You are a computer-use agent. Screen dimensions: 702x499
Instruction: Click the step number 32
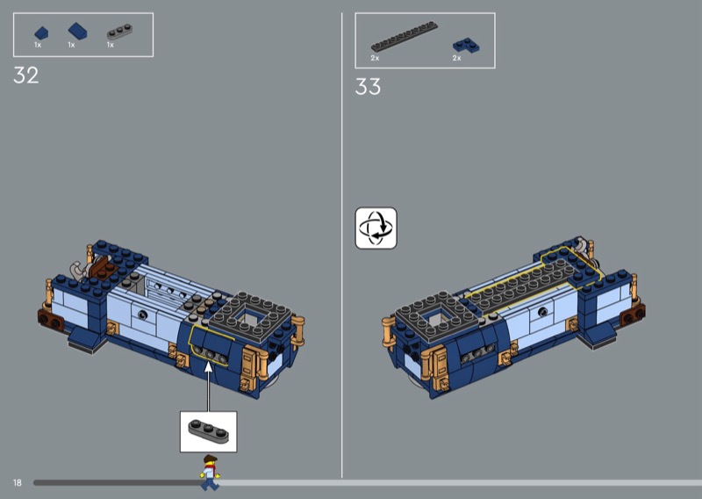coord(26,76)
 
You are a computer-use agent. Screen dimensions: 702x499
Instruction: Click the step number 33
coord(368,86)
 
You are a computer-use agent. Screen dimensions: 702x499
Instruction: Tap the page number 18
coord(17,482)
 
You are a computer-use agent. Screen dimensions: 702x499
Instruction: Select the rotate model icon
coord(376,228)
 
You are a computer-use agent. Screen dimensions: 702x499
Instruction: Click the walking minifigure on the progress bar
coord(209,473)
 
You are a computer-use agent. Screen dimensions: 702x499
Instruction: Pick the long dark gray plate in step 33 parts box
coord(405,36)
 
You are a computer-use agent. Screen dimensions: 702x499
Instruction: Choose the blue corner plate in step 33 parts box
coord(466,46)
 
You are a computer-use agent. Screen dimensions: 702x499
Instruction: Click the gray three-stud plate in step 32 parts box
coord(119,32)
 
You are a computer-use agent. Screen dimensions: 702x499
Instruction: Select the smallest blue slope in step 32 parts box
coord(41,33)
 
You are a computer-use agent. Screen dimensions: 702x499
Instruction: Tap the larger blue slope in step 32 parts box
coord(77,31)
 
